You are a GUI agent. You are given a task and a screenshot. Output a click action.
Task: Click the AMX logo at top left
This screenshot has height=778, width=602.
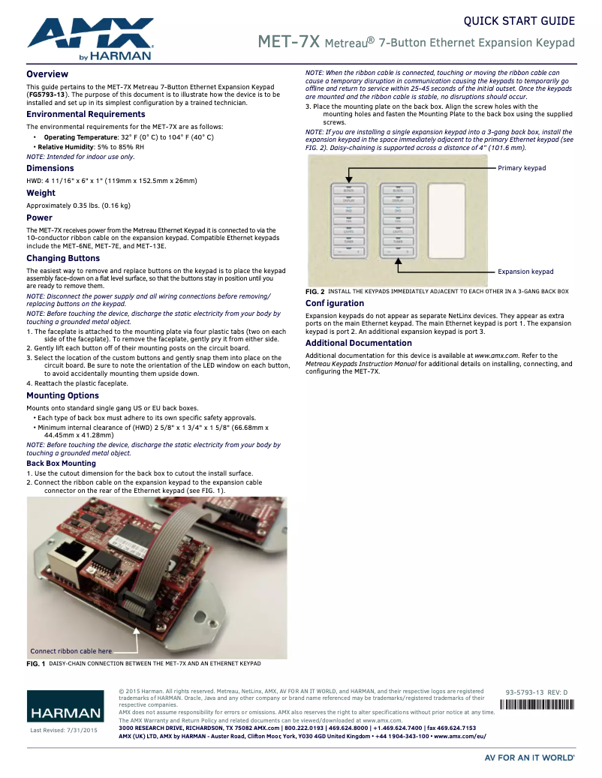[90, 38]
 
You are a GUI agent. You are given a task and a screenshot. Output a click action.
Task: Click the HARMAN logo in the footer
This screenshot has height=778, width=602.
[65, 712]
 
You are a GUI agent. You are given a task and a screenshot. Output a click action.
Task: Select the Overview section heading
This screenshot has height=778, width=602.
[47, 74]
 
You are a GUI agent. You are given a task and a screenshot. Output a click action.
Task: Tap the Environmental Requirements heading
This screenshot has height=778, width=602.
[86, 114]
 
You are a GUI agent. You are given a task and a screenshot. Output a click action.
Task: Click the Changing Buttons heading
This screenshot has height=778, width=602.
[63, 258]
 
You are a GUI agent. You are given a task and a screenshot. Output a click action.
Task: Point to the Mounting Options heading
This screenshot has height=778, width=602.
[62, 395]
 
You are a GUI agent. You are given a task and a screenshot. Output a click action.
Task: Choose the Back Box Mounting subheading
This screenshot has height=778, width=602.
[61, 464]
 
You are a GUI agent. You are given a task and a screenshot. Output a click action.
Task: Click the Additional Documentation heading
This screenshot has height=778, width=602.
[359, 343]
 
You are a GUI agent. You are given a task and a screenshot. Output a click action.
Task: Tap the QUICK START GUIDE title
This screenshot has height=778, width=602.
[519, 21]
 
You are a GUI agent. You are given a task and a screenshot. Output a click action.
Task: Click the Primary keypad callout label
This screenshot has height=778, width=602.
[522, 168]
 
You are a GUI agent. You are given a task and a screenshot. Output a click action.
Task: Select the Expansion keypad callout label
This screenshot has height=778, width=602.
[525, 272]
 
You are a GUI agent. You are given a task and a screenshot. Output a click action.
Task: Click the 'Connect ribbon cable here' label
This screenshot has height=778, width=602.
[71, 651]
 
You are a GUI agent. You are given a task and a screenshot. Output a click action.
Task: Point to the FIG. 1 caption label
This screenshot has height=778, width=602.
[36, 664]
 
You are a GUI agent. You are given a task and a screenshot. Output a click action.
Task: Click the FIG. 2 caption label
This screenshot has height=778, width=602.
[315, 291]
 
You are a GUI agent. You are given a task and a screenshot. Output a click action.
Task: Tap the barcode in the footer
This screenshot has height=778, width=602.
[536, 704]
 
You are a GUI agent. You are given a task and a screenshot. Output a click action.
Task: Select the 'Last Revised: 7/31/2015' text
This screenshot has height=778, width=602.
[64, 730]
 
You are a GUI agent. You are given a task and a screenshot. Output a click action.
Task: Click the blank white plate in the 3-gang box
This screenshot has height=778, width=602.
[448, 221]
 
